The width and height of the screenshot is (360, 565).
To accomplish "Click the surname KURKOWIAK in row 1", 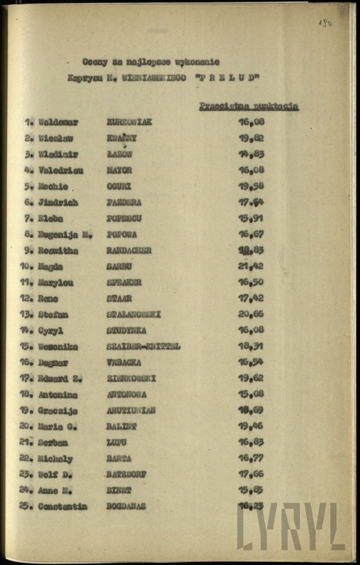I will pos(129,122).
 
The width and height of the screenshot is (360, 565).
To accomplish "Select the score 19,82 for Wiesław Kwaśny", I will pos(251,138).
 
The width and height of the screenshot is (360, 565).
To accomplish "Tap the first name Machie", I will pos(53,186).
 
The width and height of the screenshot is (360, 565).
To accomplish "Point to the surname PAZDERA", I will pos(124,203).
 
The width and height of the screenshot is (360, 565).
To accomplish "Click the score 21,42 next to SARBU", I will pos(251,266).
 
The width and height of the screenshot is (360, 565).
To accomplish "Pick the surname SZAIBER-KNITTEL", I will pos(143,347).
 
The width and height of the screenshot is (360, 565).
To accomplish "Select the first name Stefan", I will pos(53,315).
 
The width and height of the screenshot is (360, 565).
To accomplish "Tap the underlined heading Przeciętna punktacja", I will pos(249,106).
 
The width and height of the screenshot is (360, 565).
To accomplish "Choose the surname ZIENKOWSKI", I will pos(131,379).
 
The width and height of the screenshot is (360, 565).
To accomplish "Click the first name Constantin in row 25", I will pos(62,507).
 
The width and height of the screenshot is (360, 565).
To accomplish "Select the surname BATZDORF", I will pos(126,474).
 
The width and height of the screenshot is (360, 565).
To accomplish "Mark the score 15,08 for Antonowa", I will pos(251,394).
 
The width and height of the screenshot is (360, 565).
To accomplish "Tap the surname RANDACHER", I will pos(129,251).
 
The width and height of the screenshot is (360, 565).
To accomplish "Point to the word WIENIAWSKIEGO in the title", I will pos(154,78).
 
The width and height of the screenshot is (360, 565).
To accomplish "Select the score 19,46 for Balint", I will pos(251,426).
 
